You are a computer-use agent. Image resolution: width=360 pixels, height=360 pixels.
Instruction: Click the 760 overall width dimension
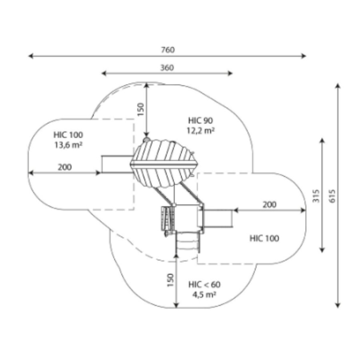tap(168, 50)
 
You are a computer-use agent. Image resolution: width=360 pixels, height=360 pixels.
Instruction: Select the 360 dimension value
tap(167, 68)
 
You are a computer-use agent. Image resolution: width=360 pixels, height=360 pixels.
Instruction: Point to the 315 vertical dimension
tap(316, 195)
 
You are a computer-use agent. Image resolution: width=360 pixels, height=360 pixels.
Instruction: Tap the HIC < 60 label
tap(204, 285)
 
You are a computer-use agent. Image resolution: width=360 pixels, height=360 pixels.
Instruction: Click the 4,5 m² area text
tap(204, 294)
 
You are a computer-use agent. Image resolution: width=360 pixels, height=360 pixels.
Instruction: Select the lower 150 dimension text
tap(171, 280)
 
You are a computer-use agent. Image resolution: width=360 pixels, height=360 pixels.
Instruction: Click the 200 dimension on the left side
tap(65, 167)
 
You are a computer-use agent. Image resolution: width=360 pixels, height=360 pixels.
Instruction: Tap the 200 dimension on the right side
tap(270, 204)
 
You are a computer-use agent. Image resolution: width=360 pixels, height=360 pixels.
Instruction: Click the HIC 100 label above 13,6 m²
tap(68, 135)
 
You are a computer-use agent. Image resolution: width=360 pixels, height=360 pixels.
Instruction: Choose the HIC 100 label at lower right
tap(264, 238)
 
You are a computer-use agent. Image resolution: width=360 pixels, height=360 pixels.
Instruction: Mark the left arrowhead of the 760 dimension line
tap(30, 56)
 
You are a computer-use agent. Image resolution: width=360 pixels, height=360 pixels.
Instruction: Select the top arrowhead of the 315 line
tap(322, 140)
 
